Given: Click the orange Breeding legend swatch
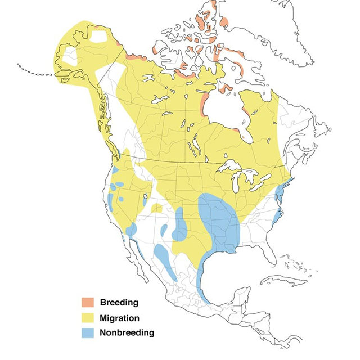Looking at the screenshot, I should click(88, 303).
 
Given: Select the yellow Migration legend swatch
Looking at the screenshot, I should click(88, 318).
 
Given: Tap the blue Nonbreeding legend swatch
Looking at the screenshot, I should click(88, 332).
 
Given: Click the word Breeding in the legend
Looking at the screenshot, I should click(119, 303).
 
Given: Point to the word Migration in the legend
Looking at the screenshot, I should click(119, 318).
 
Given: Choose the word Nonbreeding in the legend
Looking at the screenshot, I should click(127, 332).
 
